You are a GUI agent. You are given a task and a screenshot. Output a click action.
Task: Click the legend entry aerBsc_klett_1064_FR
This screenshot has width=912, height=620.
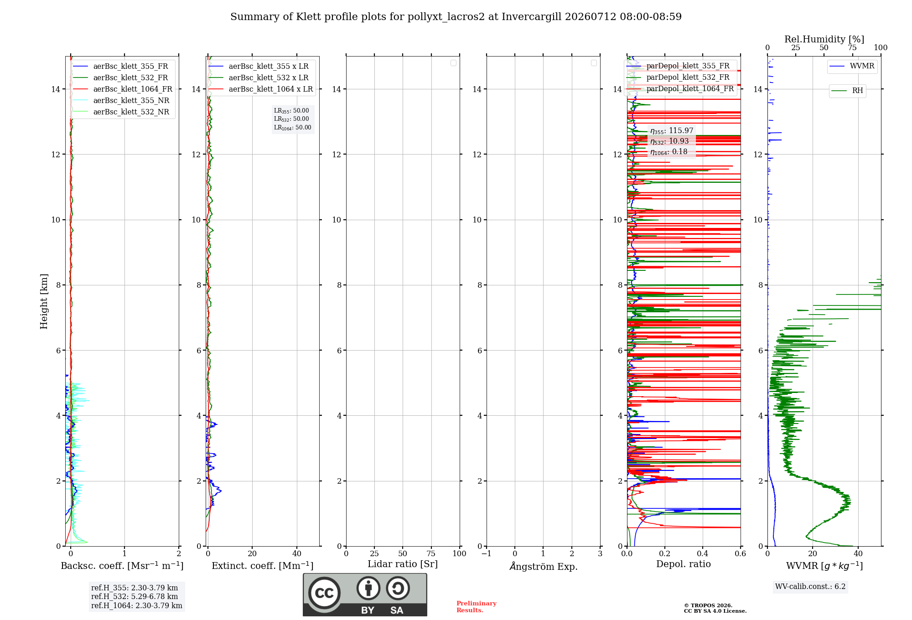click(x=123, y=89)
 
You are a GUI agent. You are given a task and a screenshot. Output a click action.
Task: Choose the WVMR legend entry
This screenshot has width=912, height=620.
click(x=852, y=66)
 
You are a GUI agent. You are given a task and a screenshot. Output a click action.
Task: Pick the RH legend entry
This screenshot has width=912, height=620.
click(x=847, y=91)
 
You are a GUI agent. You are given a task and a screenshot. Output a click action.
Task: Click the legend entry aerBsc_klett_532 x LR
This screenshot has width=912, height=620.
click(x=259, y=78)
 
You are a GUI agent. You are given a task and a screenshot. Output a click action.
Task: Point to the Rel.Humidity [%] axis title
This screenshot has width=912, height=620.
click(x=824, y=39)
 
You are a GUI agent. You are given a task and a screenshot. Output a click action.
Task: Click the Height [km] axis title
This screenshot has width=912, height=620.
click(x=44, y=301)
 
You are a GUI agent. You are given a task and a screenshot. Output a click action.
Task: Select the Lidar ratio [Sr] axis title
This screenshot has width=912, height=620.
click(x=403, y=564)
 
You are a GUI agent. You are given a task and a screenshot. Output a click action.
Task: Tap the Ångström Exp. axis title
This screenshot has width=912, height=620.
click(x=544, y=566)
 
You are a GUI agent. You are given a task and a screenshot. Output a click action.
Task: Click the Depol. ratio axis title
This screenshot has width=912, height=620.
click(x=684, y=564)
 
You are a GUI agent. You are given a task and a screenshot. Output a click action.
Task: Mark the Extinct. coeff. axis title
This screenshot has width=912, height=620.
click(x=263, y=566)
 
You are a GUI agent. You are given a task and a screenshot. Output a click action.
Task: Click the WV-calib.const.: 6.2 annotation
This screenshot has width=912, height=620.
click(x=810, y=587)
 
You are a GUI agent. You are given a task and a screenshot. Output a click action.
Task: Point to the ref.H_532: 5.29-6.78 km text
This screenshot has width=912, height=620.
click(x=135, y=597)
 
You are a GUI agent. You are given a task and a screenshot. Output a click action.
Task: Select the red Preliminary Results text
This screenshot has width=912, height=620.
click(x=477, y=607)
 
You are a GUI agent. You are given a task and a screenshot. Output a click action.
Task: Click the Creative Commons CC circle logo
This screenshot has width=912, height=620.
click(x=324, y=593)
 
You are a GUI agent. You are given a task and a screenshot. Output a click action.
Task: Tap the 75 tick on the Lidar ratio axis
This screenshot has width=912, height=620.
click(x=431, y=553)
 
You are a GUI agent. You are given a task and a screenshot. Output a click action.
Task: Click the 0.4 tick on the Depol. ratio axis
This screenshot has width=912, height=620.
click(x=703, y=553)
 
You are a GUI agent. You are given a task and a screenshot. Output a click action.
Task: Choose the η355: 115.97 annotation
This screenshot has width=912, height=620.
click(x=672, y=131)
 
